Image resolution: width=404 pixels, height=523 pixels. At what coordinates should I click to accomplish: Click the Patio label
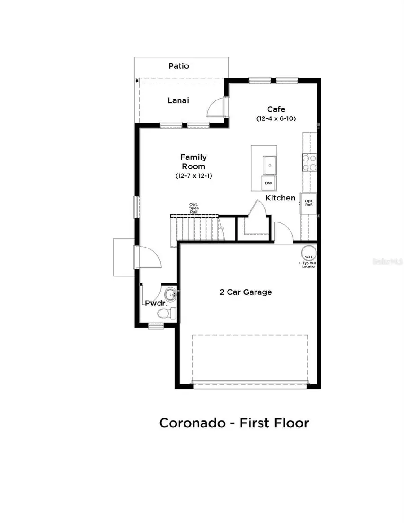(x=179, y=66)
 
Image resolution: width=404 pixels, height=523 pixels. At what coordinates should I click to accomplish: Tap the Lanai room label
(x=178, y=100)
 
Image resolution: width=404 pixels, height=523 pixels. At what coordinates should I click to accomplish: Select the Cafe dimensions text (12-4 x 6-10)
(x=276, y=118)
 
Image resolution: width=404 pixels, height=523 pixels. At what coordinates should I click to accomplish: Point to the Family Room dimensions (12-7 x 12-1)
(x=193, y=176)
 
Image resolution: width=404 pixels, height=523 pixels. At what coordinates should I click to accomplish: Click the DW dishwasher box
(x=268, y=183)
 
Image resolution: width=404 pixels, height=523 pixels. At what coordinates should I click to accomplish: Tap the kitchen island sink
(x=269, y=165)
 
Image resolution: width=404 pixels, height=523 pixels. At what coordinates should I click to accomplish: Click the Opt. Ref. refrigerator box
(x=309, y=203)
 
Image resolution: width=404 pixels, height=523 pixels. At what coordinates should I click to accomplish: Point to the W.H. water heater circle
(x=308, y=253)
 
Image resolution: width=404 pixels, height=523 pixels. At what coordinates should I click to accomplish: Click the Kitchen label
(x=280, y=198)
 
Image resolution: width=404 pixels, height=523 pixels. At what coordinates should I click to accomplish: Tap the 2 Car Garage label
(x=246, y=292)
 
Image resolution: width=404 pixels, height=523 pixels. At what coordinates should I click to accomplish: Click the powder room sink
(x=169, y=295)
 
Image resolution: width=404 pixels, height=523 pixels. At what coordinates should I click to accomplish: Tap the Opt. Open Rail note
(x=193, y=208)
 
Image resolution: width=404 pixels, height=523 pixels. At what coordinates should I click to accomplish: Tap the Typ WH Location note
(x=309, y=265)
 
